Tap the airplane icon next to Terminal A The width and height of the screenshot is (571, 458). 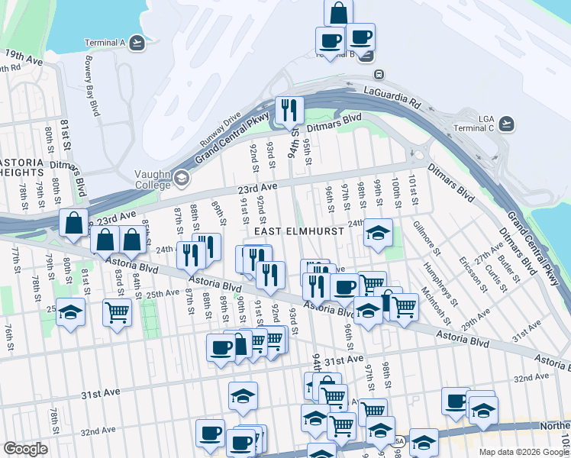[x=137, y=43]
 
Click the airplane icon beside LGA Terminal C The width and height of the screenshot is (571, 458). [x=506, y=122]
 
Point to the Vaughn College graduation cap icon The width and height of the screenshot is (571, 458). [x=181, y=178]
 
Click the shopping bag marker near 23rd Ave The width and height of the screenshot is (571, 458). [x=73, y=224]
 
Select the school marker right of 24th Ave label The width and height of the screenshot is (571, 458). [x=377, y=233]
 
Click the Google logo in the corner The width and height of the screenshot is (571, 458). [x=25, y=449]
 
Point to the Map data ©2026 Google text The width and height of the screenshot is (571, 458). [x=524, y=452]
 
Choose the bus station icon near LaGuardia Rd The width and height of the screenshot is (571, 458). [x=378, y=75]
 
